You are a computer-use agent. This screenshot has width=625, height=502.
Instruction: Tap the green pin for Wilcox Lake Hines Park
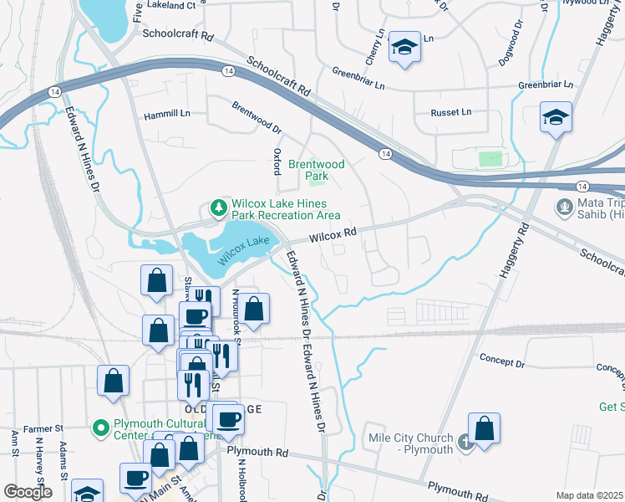click(218, 206)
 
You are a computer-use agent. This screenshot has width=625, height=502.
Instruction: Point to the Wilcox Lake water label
click(245, 250)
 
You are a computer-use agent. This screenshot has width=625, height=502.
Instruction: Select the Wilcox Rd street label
click(333, 237)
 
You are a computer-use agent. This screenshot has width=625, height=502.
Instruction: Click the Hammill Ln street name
click(167, 112)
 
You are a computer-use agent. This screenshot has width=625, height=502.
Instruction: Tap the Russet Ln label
click(451, 112)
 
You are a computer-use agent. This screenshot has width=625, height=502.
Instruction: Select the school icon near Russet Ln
click(556, 117)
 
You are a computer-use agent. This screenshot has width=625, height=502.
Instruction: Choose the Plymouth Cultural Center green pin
click(101, 429)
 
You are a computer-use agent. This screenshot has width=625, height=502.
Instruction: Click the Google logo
click(28, 492)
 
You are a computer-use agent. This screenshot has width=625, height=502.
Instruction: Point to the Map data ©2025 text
click(589, 495)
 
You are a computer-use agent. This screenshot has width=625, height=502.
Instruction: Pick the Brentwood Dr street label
click(257, 118)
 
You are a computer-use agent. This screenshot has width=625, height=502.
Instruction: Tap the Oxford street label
click(277, 161)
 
